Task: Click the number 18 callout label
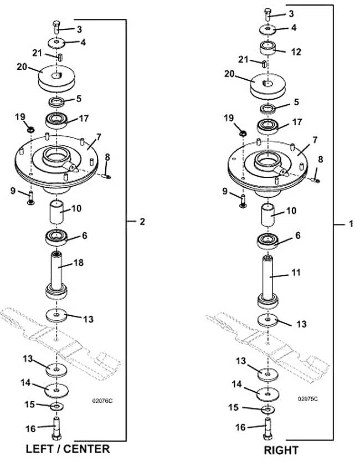coord(79,263)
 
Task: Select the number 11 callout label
coord(296,273)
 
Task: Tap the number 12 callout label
coord(296,52)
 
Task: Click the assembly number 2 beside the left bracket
coord(142,222)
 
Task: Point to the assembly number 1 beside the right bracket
coord(351,224)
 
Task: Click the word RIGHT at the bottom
coord(281,450)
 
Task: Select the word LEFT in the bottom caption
coord(40,449)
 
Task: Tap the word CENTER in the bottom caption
coord(87,449)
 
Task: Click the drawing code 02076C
coord(102,401)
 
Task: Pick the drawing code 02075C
coord(308,399)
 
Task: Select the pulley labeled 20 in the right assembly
coord(268,86)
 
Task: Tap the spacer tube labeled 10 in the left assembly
coord(56,212)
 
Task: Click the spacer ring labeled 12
coord(268,48)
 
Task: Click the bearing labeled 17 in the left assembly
coord(56,120)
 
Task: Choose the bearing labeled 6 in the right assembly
coord(268,241)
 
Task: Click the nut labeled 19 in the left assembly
coord(30,129)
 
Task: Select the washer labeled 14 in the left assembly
coord(56,390)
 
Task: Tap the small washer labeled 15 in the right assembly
coord(268,409)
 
